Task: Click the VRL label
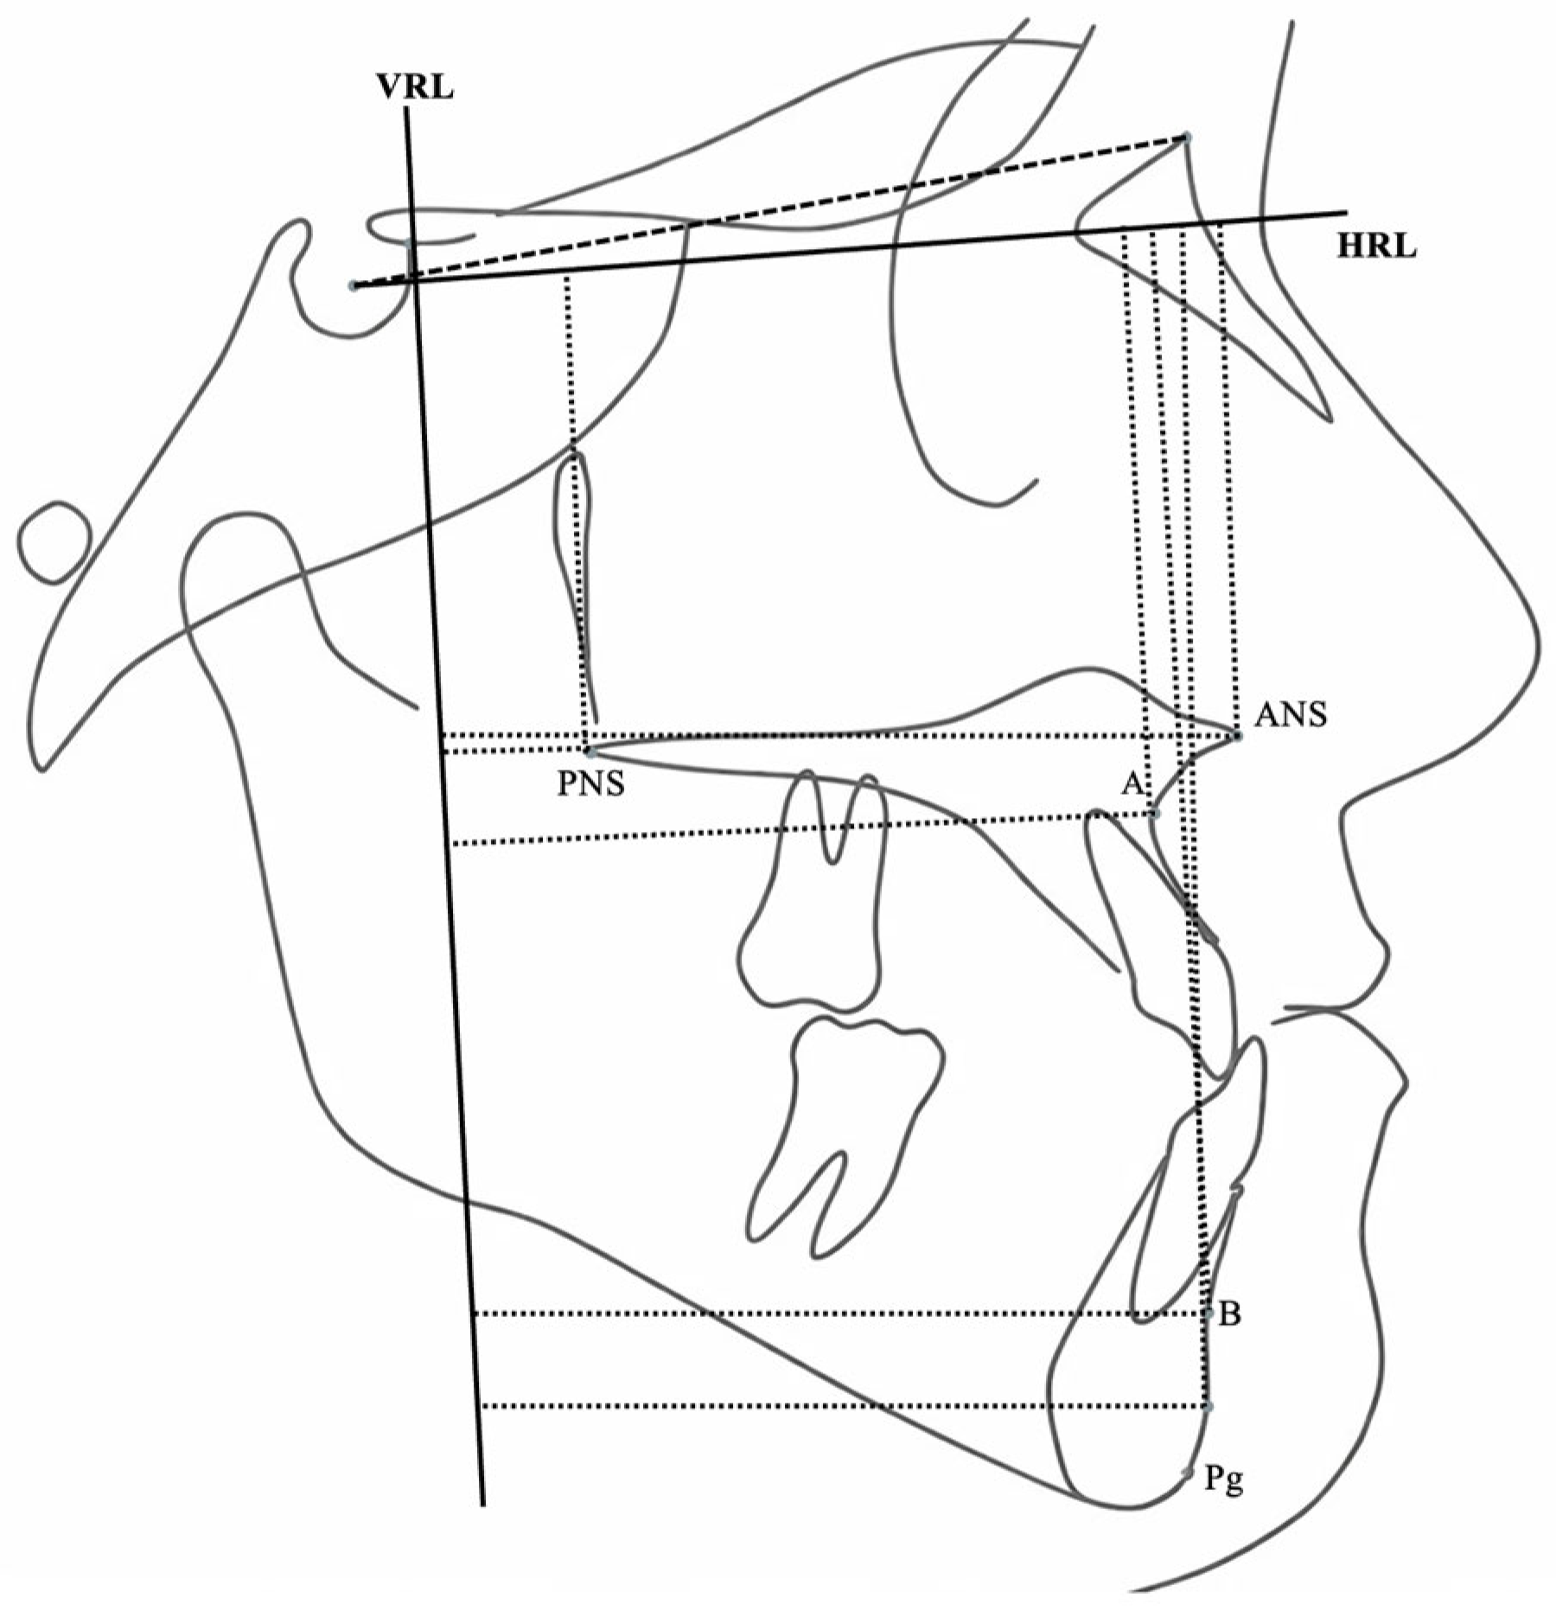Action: (414, 87)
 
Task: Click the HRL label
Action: (1376, 247)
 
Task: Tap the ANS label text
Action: (1291, 715)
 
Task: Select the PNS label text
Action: (590, 785)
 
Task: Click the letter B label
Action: (1229, 1315)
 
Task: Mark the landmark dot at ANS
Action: (1238, 736)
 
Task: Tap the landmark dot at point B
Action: (1208, 1314)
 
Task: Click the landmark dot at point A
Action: (1156, 814)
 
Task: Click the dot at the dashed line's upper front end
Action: (1187, 137)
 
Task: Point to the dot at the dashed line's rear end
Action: (353, 285)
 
